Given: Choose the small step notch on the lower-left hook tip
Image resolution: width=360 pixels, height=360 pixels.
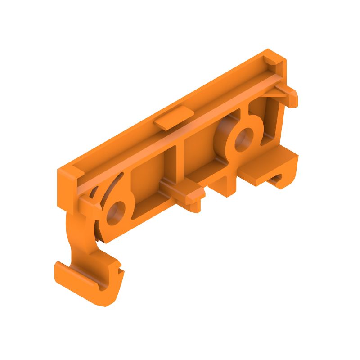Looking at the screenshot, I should [x=119, y=268].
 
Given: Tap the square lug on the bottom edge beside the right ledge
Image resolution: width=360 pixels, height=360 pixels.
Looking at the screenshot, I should [x=225, y=187].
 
